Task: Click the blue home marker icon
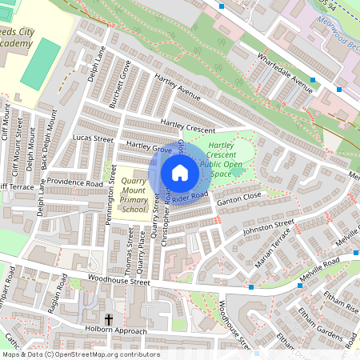(x=180, y=172)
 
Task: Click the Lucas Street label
(x=93, y=138)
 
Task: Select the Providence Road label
(x=74, y=182)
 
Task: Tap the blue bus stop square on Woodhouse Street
(x=251, y=286)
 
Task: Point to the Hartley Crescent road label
(x=189, y=125)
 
